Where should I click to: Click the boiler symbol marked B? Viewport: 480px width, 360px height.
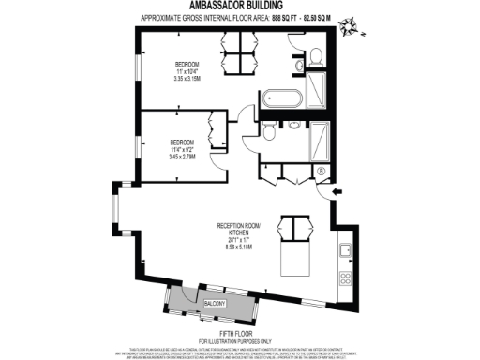tap(320, 171)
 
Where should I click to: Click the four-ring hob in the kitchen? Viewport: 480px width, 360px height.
tap(345, 278)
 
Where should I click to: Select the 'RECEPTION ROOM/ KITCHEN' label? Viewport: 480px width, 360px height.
tap(238, 229)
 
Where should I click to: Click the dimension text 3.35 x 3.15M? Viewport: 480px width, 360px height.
tap(187, 79)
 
